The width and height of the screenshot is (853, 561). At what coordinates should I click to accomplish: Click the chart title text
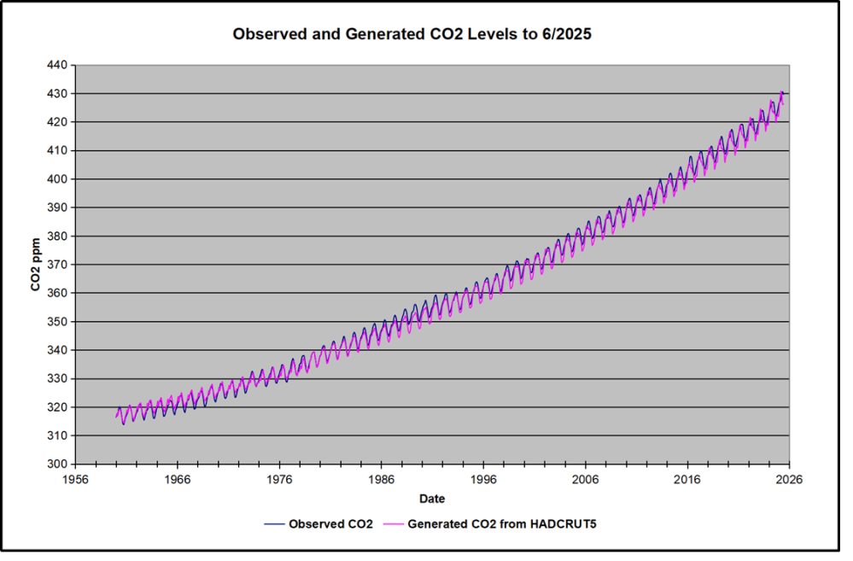click(x=425, y=35)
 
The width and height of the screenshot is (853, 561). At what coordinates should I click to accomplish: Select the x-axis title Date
click(x=431, y=498)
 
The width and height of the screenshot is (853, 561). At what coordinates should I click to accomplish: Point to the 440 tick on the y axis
click(x=59, y=65)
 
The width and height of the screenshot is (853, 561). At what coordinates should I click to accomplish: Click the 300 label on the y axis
click(x=59, y=465)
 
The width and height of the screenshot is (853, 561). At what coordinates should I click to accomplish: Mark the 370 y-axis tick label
click(x=59, y=265)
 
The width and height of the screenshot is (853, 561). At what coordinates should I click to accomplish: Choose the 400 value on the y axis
click(x=59, y=179)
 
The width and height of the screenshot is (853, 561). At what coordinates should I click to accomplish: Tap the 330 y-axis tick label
click(x=59, y=379)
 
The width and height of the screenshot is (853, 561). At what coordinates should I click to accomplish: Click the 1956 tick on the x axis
click(x=75, y=480)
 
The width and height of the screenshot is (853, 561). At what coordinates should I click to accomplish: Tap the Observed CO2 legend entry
click(x=330, y=523)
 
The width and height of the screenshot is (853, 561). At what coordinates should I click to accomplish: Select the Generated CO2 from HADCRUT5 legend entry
click(x=501, y=523)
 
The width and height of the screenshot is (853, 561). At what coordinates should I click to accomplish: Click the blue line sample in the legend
click(x=274, y=523)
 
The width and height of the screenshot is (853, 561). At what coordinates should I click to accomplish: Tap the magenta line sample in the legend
click(x=392, y=523)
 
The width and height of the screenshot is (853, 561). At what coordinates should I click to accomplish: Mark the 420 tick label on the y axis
click(x=59, y=122)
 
